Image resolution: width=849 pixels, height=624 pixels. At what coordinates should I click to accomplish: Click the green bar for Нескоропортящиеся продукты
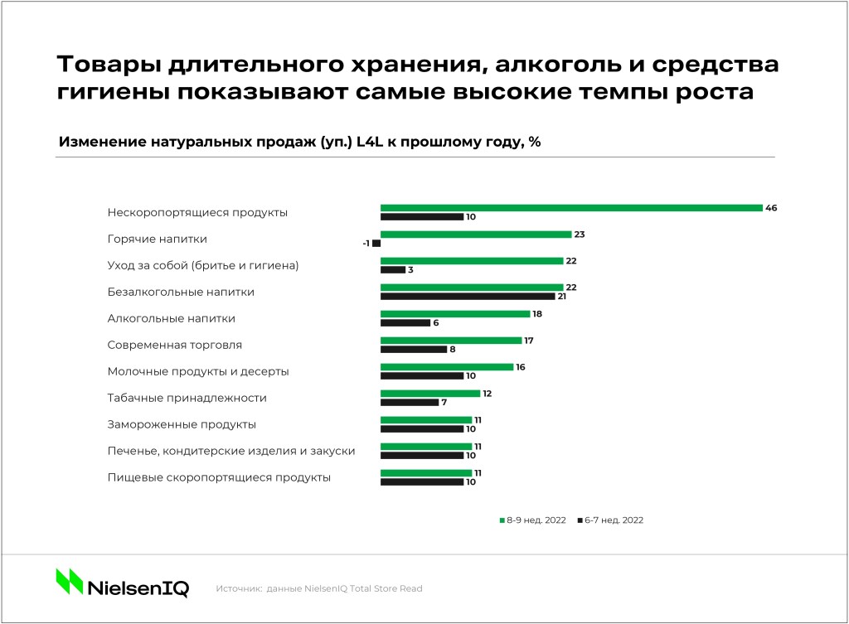pyautogui.click(x=571, y=208)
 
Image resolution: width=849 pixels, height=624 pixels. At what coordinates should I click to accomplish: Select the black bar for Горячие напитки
pyautogui.click(x=377, y=244)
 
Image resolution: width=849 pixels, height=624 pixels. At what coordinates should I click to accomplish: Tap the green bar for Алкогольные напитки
pyautogui.click(x=455, y=314)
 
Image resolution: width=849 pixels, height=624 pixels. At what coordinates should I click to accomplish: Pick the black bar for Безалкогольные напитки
pyautogui.click(x=468, y=297)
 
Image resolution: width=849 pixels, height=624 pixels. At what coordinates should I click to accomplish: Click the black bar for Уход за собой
pyautogui.click(x=393, y=269)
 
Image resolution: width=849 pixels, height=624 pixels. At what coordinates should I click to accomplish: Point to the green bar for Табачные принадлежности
pyautogui.click(x=430, y=394)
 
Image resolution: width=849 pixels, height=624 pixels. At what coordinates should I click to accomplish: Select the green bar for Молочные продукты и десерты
pyautogui.click(x=447, y=367)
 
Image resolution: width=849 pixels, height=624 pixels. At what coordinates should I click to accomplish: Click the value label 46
pyautogui.click(x=771, y=208)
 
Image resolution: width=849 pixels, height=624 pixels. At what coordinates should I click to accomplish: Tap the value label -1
pyautogui.click(x=366, y=244)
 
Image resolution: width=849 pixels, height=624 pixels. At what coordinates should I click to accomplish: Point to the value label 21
pyautogui.click(x=562, y=297)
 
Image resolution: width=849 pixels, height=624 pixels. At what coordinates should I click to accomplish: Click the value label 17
pyautogui.click(x=529, y=341)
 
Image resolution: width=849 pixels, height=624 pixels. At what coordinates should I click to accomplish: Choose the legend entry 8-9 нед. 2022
pyautogui.click(x=533, y=520)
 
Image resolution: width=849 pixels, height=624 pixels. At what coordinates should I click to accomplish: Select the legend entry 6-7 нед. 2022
pyautogui.click(x=611, y=520)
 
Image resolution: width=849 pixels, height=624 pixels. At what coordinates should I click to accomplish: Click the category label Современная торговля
pyautogui.click(x=174, y=346)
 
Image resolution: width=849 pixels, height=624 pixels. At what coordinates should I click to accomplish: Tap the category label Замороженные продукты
pyautogui.click(x=182, y=425)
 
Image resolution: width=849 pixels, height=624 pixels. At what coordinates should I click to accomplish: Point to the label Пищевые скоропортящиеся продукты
pyautogui.click(x=219, y=478)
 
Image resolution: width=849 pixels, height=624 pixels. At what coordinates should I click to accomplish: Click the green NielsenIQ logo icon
pyautogui.click(x=70, y=581)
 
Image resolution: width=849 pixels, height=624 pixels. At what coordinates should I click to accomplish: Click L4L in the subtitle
pyautogui.click(x=370, y=142)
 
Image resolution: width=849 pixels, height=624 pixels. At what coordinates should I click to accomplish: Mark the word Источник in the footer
pyautogui.click(x=239, y=589)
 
